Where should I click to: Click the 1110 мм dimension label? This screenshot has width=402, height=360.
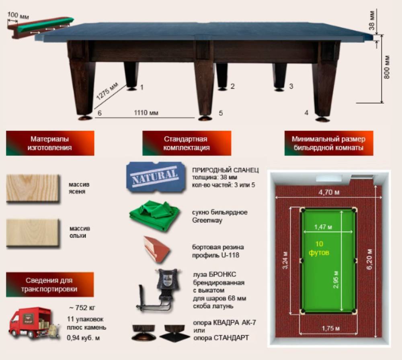(x=146, y=113)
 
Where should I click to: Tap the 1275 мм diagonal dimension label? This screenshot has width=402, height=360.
(x=107, y=91)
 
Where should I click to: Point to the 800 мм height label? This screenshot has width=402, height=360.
(x=387, y=67)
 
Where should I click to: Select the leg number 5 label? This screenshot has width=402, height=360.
(x=221, y=113)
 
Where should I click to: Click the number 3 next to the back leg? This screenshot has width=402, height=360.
(x=291, y=86)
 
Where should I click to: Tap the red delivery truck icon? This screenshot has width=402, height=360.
(x=34, y=323)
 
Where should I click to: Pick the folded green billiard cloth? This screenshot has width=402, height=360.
(x=155, y=216)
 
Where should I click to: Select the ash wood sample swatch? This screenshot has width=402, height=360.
(x=33, y=188)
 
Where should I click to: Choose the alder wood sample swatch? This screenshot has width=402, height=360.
(x=33, y=233)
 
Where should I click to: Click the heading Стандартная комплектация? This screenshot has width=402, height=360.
(x=187, y=143)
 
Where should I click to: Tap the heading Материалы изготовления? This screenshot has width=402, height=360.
(x=50, y=143)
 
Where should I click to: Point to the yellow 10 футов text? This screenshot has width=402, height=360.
(x=319, y=248)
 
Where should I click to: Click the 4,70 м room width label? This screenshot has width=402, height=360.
(x=329, y=192)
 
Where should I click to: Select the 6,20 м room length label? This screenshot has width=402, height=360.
(x=369, y=259)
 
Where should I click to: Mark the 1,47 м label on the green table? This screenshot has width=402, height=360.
(x=323, y=227)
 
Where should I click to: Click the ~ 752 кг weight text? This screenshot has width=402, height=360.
(x=82, y=307)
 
